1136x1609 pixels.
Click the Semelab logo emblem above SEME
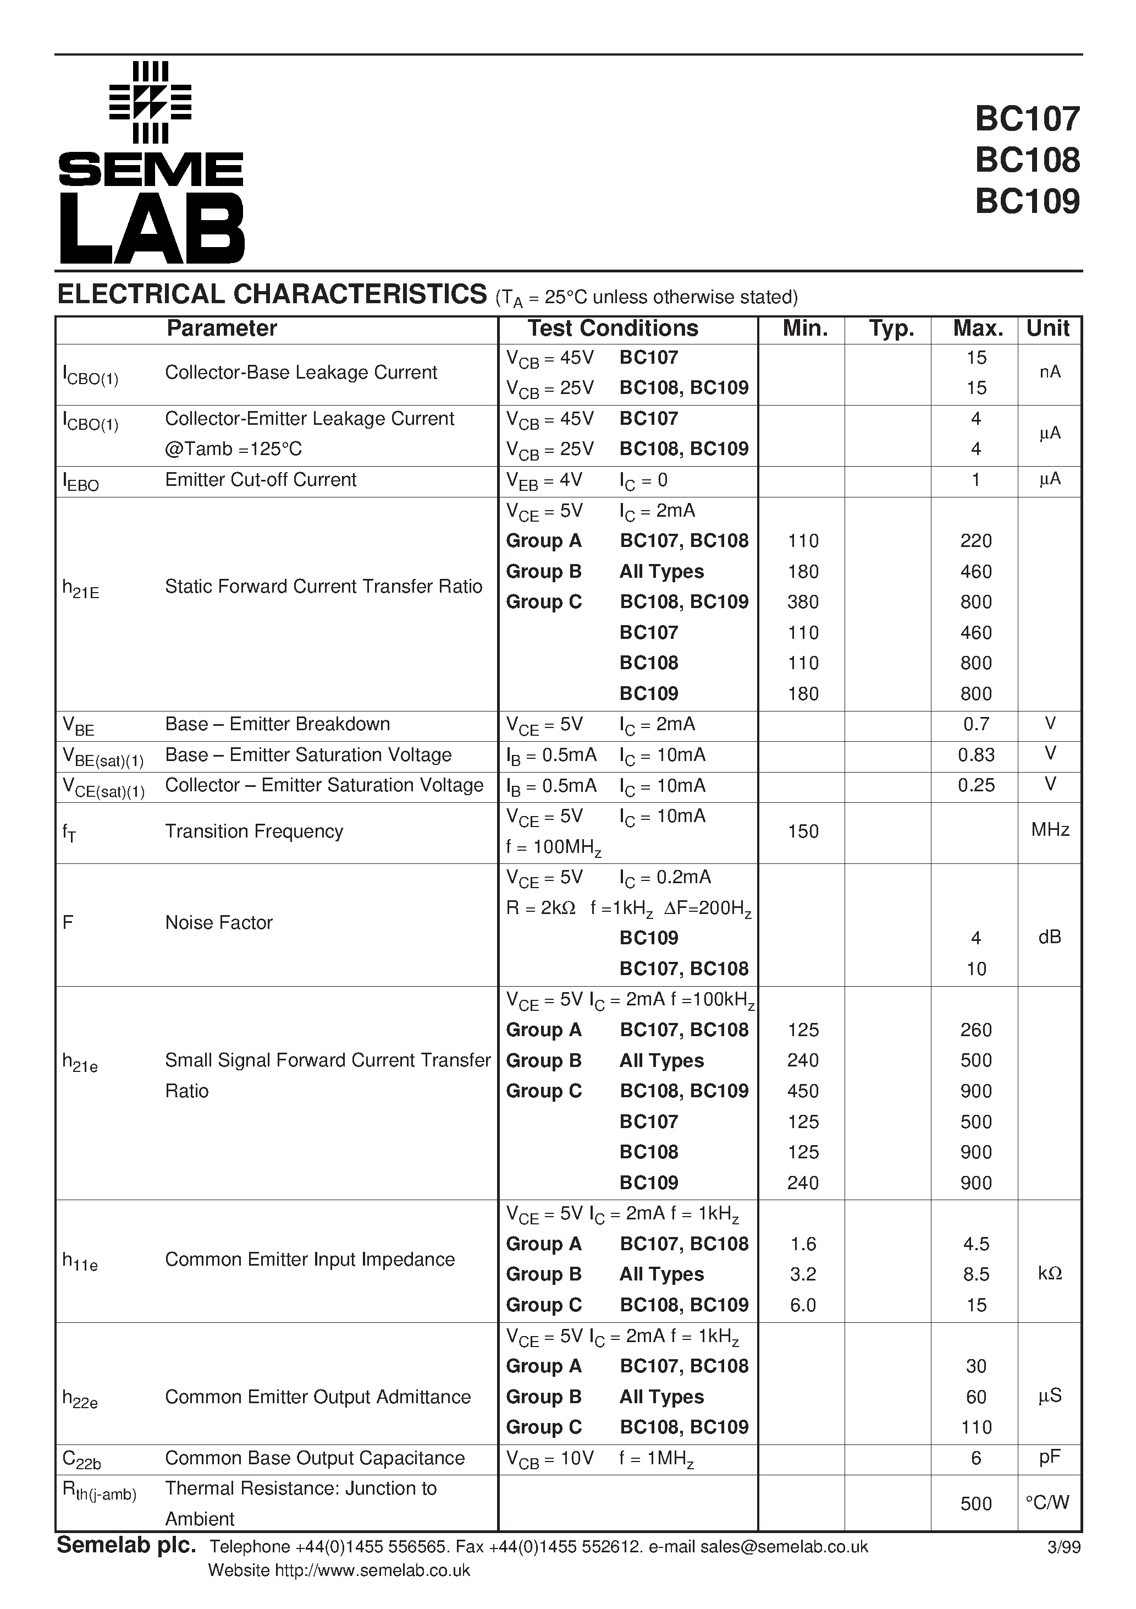point(151,102)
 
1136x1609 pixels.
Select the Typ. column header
point(891,329)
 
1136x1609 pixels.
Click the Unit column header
point(1048,329)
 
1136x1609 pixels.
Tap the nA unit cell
point(1049,372)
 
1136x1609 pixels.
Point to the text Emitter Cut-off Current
point(261,480)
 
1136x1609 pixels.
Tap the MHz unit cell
point(1049,830)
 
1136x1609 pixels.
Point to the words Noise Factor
point(218,923)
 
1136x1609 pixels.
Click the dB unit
point(1049,938)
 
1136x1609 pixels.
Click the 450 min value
point(803,1091)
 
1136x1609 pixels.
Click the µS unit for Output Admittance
point(1049,1397)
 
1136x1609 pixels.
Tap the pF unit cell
point(1049,1458)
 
